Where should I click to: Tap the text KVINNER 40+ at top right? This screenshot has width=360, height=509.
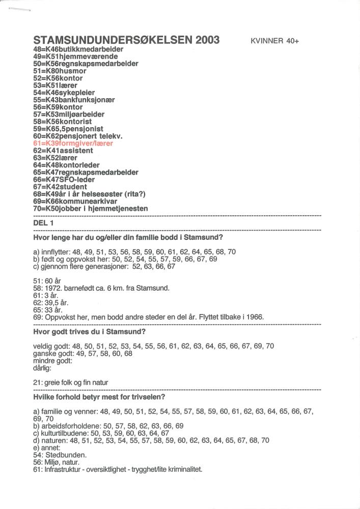point(274,41)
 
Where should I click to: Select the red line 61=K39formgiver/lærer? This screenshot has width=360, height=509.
point(72,144)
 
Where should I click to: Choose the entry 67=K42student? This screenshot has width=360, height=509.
point(60,187)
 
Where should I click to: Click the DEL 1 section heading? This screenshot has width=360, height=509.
point(43,223)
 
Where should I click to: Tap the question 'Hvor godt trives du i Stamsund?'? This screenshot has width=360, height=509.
point(89,332)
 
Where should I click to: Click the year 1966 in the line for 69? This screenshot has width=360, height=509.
point(254,317)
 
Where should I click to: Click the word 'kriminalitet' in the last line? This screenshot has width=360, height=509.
point(184,469)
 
